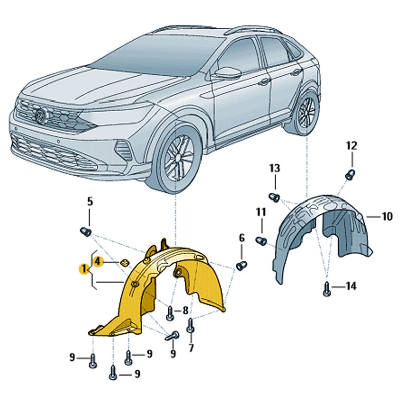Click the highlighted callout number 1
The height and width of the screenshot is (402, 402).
(x=83, y=269)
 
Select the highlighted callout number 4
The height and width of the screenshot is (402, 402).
(x=98, y=262)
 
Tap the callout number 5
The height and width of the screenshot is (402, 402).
(x=90, y=202)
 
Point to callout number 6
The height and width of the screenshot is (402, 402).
(x=242, y=238)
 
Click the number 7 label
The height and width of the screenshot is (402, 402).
(x=191, y=348)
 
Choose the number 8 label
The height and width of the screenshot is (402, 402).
(x=185, y=310)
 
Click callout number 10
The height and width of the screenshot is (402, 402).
(x=387, y=217)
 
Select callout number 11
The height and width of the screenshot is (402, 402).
(x=261, y=212)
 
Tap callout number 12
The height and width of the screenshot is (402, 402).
(x=351, y=146)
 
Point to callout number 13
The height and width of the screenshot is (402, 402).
(x=275, y=168)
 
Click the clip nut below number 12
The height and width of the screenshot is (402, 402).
(x=350, y=175)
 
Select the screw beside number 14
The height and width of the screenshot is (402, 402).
(x=327, y=289)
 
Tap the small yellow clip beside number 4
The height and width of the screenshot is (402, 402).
(x=125, y=263)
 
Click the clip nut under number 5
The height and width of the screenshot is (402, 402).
(x=86, y=232)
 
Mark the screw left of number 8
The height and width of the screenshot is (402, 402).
(x=170, y=313)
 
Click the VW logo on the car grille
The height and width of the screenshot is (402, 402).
(x=41, y=115)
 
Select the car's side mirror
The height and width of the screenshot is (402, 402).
(x=227, y=73)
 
